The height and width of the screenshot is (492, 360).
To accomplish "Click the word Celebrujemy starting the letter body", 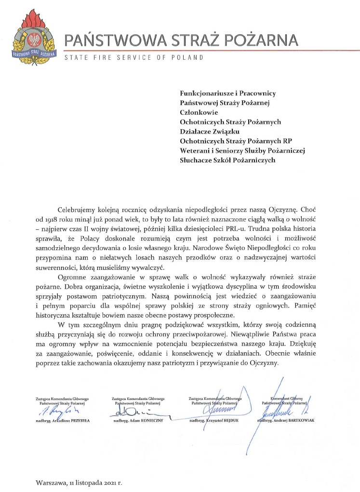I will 80,210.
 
